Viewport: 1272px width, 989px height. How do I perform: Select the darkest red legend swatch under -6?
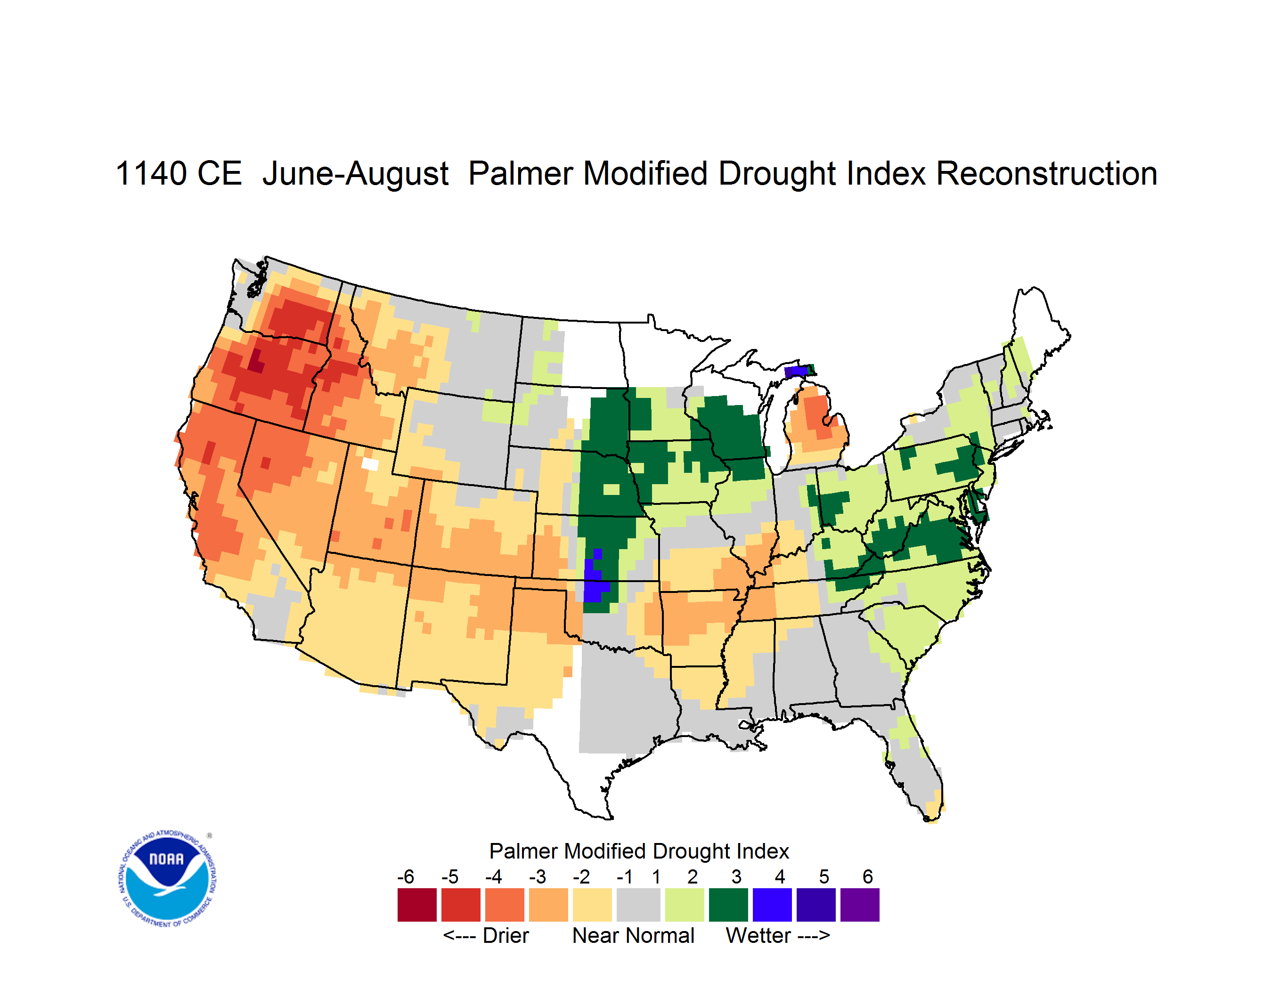point(417,905)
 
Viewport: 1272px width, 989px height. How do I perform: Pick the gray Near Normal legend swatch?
point(638,905)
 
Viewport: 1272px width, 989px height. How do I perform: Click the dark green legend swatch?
point(728,905)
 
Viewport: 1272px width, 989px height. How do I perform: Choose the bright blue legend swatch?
point(772,905)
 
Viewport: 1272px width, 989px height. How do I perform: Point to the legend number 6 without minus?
point(868,876)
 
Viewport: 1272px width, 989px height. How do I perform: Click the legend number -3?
point(538,876)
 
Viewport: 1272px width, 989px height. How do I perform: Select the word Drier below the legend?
point(506,935)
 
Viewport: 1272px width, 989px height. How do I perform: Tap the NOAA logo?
point(168,878)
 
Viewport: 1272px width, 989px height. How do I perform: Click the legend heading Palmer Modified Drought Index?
point(639,851)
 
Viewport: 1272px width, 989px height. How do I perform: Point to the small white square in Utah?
point(370,464)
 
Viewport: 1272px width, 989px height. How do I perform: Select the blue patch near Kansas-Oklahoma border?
point(594,580)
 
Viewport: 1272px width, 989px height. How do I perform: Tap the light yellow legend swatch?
point(592,905)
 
